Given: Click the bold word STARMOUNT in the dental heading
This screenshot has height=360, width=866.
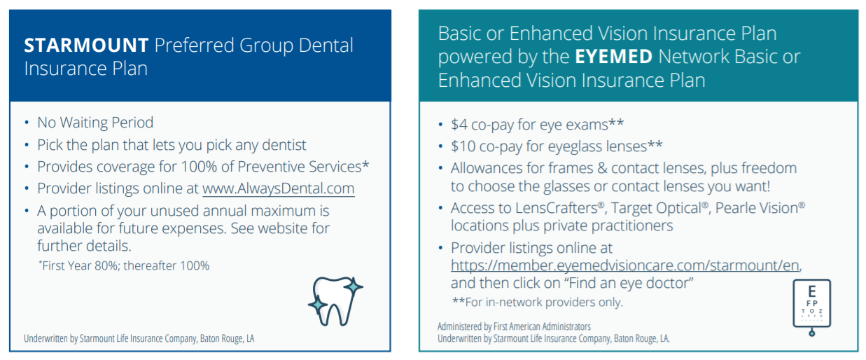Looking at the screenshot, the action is tap(86, 45).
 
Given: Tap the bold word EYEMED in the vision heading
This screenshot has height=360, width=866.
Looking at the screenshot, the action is tap(614, 57).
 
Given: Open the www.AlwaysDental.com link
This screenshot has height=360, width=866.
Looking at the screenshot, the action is tap(279, 188).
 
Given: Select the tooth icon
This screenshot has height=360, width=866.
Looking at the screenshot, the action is tap(335, 301).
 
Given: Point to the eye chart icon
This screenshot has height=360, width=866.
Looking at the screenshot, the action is tap(812, 307).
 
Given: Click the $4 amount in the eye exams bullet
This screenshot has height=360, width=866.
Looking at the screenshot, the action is tap(459, 125).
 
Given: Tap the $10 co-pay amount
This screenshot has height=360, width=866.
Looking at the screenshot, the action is tap(463, 146).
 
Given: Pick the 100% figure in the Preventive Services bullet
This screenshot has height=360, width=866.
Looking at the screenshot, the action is tap(199, 167).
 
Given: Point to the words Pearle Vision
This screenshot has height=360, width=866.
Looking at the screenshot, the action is tap(757, 208).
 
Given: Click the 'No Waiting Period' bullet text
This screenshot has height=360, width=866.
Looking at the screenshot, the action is tap(95, 123).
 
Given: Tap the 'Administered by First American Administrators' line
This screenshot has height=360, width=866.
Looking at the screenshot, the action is tap(514, 327).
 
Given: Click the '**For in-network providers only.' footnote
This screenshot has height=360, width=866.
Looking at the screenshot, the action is tap(538, 302).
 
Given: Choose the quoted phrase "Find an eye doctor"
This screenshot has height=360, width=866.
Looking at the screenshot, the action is tap(629, 283).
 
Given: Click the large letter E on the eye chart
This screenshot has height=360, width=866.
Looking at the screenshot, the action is tap(812, 291).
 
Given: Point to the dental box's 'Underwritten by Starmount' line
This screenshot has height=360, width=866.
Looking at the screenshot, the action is tap(139, 339).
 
